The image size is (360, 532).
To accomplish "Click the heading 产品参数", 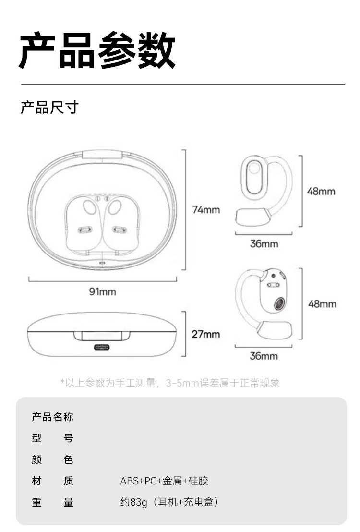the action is pyautogui.click(x=97, y=50).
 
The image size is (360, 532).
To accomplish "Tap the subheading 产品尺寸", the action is pyautogui.click(x=49, y=107).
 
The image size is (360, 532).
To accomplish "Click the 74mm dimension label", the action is pyautogui.click(x=206, y=210).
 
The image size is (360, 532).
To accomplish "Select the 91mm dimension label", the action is pyautogui.click(x=102, y=291).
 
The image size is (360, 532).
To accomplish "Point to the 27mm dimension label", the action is pyautogui.click(x=206, y=334).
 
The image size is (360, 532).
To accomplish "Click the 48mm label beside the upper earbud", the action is pyautogui.click(x=321, y=191).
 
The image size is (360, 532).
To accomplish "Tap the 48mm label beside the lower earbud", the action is pyautogui.click(x=322, y=304).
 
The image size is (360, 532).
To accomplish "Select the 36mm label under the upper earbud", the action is pyautogui.click(x=264, y=243).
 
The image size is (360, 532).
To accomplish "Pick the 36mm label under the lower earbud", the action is pyautogui.click(x=264, y=356).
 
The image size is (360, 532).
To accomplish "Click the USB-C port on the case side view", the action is pyautogui.click(x=102, y=348).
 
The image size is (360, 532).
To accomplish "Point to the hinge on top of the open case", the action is pyautogui.click(x=102, y=154).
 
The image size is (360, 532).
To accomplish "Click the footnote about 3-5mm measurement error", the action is pyautogui.click(x=170, y=383).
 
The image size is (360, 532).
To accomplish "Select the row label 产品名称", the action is pyautogui.click(x=52, y=417).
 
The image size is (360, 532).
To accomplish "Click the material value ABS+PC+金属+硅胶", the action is pyautogui.click(x=164, y=481).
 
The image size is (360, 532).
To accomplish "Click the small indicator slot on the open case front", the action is pyautogui.click(x=102, y=263).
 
